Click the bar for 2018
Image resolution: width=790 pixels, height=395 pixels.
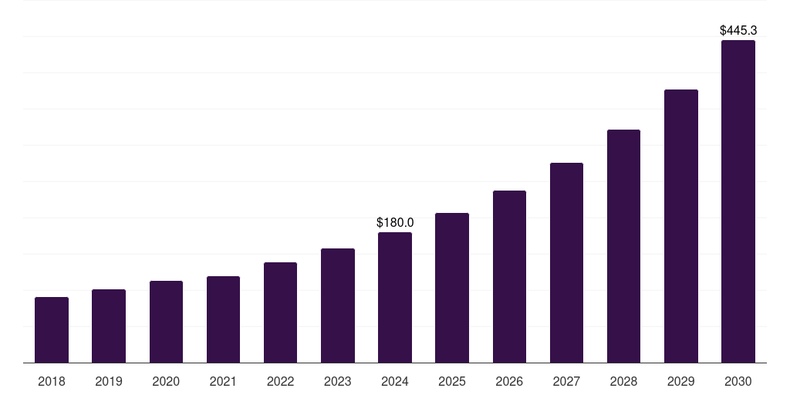(x=52, y=329)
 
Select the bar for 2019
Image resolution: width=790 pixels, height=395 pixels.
(x=109, y=326)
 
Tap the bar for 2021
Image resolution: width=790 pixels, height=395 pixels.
(x=223, y=319)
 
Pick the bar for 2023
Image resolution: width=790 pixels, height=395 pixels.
(x=338, y=306)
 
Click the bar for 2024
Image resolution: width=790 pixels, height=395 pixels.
(x=395, y=297)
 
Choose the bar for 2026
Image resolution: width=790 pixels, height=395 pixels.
(x=509, y=276)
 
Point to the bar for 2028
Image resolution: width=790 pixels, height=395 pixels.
(x=623, y=246)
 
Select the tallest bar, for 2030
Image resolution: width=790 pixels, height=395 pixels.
(x=738, y=201)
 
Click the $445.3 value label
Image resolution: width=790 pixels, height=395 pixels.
(x=738, y=31)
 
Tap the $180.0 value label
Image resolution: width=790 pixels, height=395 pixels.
(x=395, y=222)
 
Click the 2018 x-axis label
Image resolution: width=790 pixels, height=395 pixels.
(x=52, y=381)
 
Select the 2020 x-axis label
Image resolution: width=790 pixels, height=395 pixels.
(x=166, y=381)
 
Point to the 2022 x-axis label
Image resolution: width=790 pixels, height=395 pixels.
(x=280, y=381)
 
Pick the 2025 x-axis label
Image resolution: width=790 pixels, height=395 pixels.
(x=452, y=381)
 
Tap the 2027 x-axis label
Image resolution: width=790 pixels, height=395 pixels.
(x=566, y=381)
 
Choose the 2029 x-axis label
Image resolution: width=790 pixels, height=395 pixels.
(x=681, y=381)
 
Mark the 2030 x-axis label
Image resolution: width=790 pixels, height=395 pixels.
(x=738, y=381)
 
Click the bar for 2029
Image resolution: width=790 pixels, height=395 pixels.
(x=681, y=226)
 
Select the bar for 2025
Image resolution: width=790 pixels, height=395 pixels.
(x=452, y=288)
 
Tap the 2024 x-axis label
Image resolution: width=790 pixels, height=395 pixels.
(x=395, y=381)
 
